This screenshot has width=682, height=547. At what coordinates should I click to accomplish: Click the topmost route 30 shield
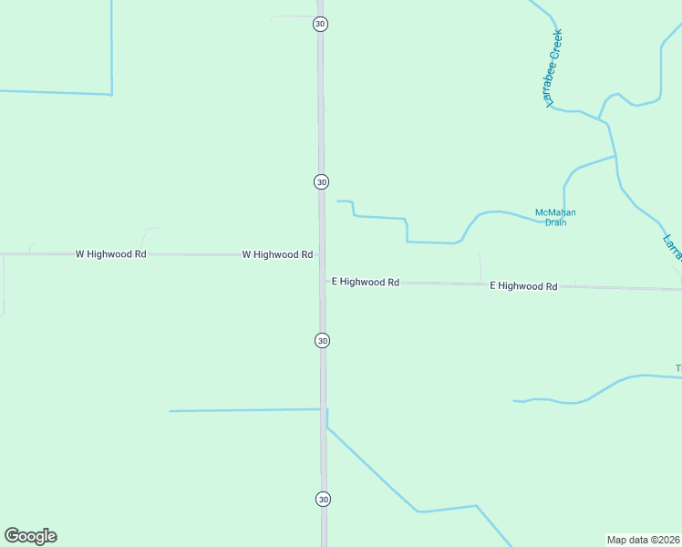(320, 24)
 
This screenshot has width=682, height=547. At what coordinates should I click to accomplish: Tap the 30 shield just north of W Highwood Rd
(322, 181)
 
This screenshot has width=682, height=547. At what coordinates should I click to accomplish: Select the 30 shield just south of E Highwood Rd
(322, 340)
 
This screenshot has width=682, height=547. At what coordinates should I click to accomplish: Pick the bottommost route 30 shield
(323, 499)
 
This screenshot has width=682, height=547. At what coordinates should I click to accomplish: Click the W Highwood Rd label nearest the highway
(278, 254)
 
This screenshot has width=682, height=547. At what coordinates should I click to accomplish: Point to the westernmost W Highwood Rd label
(111, 254)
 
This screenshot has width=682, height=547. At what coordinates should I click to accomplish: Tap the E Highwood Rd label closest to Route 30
(366, 283)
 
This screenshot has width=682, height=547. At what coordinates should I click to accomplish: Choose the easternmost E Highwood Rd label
(523, 285)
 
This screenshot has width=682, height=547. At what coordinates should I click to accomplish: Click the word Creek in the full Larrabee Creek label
(557, 45)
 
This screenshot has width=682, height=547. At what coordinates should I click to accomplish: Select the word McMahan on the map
(555, 213)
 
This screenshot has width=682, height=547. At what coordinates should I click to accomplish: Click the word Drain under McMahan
(555, 222)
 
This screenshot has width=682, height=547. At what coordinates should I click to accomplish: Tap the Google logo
(30, 536)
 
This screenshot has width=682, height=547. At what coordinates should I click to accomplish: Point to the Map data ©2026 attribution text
(643, 539)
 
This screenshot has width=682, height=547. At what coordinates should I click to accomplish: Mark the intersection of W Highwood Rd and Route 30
(322, 255)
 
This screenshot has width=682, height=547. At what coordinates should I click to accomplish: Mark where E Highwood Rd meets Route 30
(323, 282)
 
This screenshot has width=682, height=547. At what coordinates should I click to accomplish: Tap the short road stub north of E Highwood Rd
(480, 267)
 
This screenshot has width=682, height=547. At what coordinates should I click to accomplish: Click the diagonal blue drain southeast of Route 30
(374, 471)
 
